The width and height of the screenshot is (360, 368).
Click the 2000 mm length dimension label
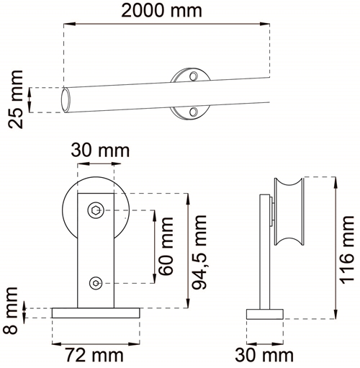coord(161,11)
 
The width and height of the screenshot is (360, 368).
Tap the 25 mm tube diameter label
coord(16,99)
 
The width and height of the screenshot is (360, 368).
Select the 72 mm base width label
coord(94,355)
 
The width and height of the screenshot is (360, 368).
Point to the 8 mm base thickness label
coord(11,310)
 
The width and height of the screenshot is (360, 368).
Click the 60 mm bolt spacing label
coord(166,246)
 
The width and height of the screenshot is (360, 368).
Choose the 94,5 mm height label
coord(199,252)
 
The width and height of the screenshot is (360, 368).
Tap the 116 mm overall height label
coord(346,250)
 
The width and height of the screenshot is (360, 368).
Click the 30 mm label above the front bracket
coord(100,151)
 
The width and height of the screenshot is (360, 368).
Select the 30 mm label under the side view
coord(264,355)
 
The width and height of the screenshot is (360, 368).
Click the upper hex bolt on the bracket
coord(96,210)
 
